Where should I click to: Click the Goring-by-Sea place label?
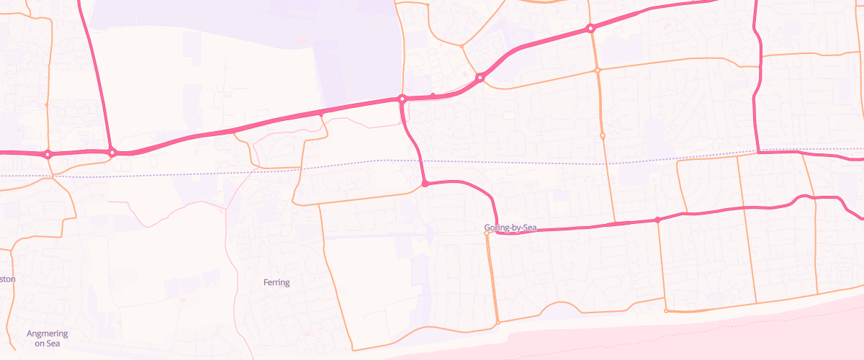pos(510,228)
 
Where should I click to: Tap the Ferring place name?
pos(276,283)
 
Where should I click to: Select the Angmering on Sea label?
pos(47,338)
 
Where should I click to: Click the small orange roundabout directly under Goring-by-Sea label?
pos(487,233)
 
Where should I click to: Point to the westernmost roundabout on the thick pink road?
pos(48,154)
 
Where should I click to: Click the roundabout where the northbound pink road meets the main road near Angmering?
pos(112,153)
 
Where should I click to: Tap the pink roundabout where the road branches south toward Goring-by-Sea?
pos(402,99)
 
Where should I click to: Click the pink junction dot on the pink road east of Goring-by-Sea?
pos(657,220)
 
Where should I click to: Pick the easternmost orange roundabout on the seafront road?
pos(666,311)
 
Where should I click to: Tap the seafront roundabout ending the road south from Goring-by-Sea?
pos(498,323)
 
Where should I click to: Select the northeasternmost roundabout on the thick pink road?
pos(590,29)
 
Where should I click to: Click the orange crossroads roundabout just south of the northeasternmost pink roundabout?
pos(597,70)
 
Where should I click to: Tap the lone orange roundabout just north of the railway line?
pos(603,135)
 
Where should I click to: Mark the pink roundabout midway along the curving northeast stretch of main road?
pos(480,77)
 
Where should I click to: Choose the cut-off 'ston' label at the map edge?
pos(7,279)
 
